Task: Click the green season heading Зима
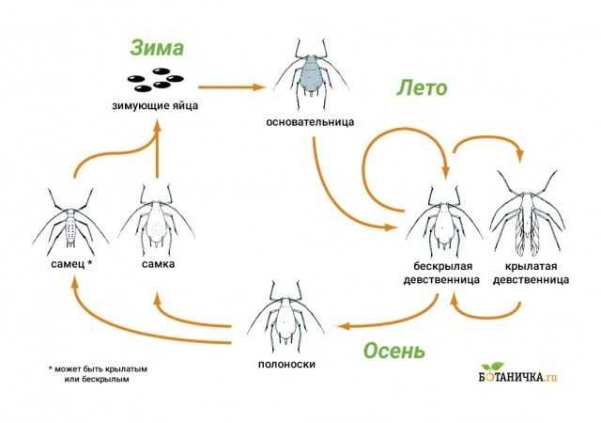[x=157, y=48]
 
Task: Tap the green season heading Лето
[x=422, y=88]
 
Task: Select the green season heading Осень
[x=394, y=351]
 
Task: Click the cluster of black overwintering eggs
[x=155, y=80]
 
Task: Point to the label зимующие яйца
[x=155, y=105]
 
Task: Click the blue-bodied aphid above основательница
[x=311, y=73]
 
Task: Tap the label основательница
[x=310, y=122]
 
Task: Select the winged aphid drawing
[x=527, y=213]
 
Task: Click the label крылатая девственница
[x=531, y=273]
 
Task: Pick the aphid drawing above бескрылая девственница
[x=444, y=221]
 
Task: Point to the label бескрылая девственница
[x=441, y=273]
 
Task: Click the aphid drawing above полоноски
[x=285, y=316]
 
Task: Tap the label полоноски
[x=286, y=364]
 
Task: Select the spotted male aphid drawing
[x=70, y=222]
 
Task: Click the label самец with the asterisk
[x=71, y=264]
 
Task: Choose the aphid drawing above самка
[x=157, y=219]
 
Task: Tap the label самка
[x=158, y=264]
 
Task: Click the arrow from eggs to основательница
[x=232, y=87]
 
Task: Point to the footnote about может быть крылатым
[x=98, y=374]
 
